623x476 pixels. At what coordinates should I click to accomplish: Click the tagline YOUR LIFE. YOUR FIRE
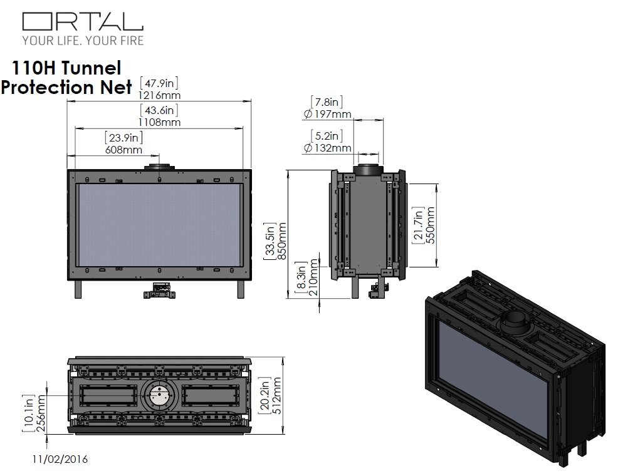(83, 41)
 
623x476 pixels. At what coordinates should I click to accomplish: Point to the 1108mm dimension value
(159, 122)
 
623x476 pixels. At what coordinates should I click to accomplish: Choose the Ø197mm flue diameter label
(327, 114)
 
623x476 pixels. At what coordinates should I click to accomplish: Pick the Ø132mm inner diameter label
(327, 148)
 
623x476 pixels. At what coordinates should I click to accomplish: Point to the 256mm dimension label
(41, 411)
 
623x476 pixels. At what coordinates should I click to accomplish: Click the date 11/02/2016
(60, 459)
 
